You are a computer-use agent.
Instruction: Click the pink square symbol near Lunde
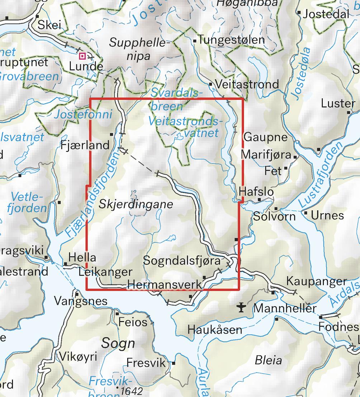(x=82, y=56)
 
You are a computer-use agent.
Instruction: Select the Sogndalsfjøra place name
(x=181, y=261)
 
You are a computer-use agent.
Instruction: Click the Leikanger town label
(x=105, y=272)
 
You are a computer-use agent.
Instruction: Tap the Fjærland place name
(x=85, y=145)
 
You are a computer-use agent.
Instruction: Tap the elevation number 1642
(x=132, y=391)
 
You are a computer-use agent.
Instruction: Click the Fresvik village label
(x=146, y=363)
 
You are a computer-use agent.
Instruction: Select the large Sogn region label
(x=118, y=343)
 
